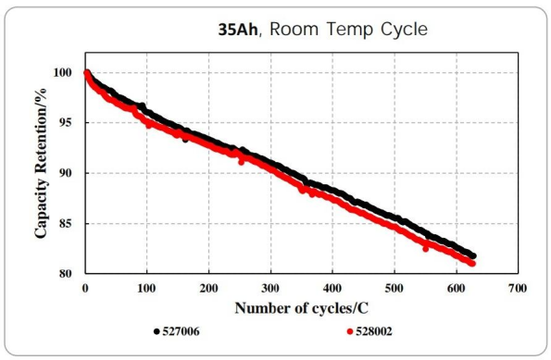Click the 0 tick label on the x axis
click(85, 287)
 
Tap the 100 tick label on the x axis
click(146, 287)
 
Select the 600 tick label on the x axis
click(457, 287)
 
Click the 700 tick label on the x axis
click(519, 287)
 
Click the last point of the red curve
click(473, 264)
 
